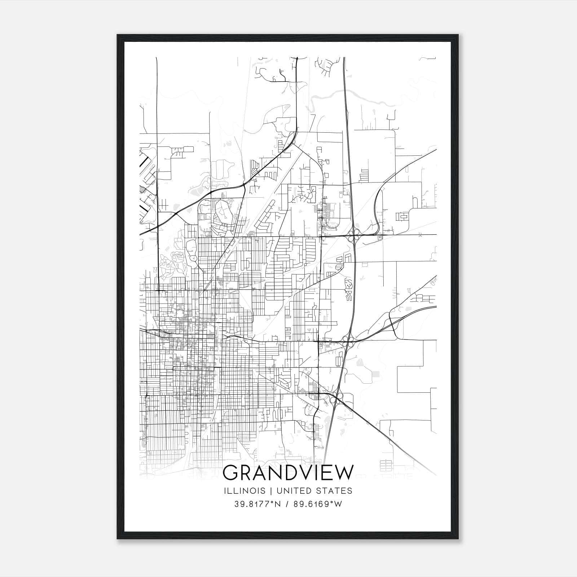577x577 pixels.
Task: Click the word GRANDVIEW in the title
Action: (x=288, y=473)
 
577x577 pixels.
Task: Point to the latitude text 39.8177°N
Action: (x=257, y=504)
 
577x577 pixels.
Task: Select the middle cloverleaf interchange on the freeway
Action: (x=348, y=341)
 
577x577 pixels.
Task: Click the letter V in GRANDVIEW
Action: (x=303, y=473)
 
